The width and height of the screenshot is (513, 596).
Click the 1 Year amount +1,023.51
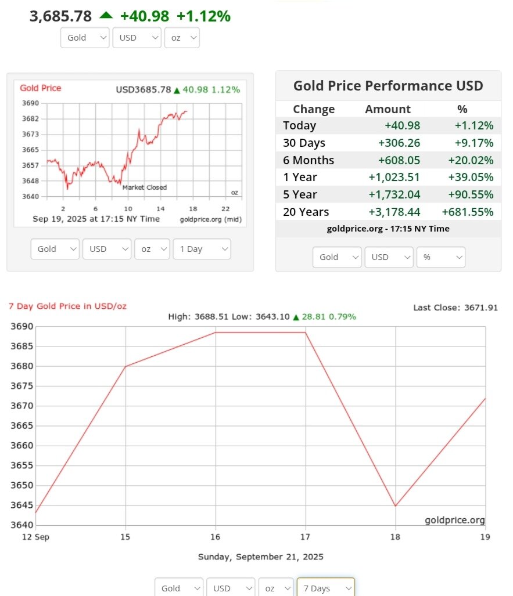[x=394, y=178]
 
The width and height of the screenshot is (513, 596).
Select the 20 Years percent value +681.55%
[x=467, y=212]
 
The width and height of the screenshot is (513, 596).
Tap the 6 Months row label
[x=308, y=160]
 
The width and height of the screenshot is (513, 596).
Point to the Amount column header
[x=388, y=109]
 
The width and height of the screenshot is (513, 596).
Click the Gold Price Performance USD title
[x=388, y=86]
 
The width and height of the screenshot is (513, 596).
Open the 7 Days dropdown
[x=325, y=588]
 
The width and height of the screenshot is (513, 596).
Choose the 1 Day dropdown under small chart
[x=202, y=249]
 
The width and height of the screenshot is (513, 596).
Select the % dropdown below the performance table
[x=441, y=257]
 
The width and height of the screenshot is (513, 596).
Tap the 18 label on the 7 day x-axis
[x=396, y=537]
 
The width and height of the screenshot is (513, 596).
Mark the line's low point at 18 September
[x=396, y=505]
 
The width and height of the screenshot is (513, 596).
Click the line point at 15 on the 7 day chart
[x=126, y=366]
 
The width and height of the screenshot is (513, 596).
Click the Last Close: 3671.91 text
[x=455, y=308]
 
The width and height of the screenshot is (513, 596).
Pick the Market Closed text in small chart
[x=144, y=187]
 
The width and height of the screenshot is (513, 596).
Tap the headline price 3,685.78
[x=60, y=16]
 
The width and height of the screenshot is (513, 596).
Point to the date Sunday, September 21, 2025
[x=260, y=557]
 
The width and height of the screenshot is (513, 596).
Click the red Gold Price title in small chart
[x=40, y=88]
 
